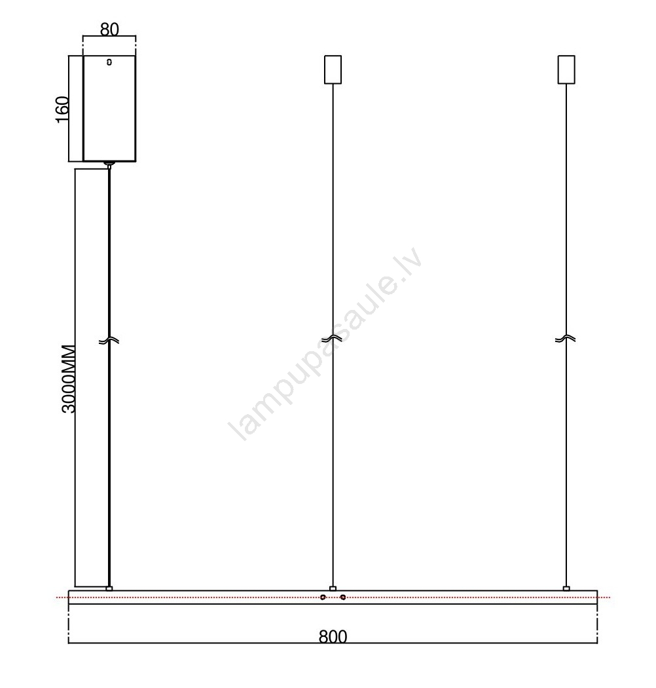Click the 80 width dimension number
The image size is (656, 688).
click(x=109, y=29)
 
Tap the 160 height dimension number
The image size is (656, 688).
click(x=62, y=109)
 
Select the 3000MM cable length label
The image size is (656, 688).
click(x=69, y=379)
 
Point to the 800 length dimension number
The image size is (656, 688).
click(x=333, y=636)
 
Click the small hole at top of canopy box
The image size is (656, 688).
click(x=109, y=62)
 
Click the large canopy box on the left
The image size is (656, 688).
click(x=109, y=108)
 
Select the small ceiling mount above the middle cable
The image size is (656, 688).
click(x=333, y=69)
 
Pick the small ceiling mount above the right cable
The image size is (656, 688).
click(x=566, y=69)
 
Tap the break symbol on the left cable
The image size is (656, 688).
click(x=109, y=341)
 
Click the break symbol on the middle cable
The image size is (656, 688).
click(x=332, y=339)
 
